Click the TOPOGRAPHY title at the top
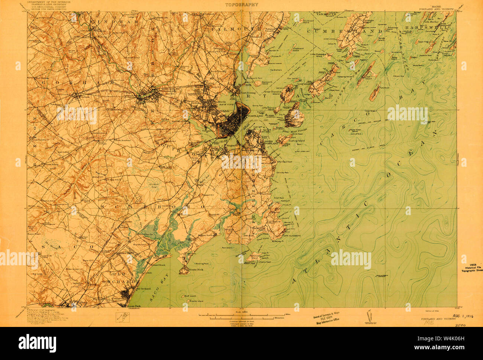(x=241, y=5)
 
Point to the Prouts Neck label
(x=195, y=270)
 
